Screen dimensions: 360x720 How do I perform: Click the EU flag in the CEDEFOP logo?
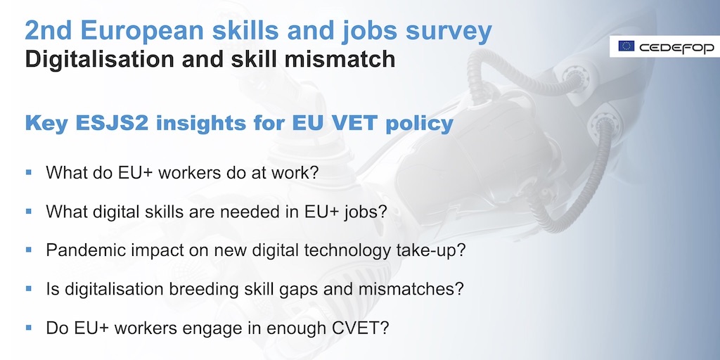[x=626, y=46]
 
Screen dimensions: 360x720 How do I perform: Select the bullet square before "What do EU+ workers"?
[x=29, y=172]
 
